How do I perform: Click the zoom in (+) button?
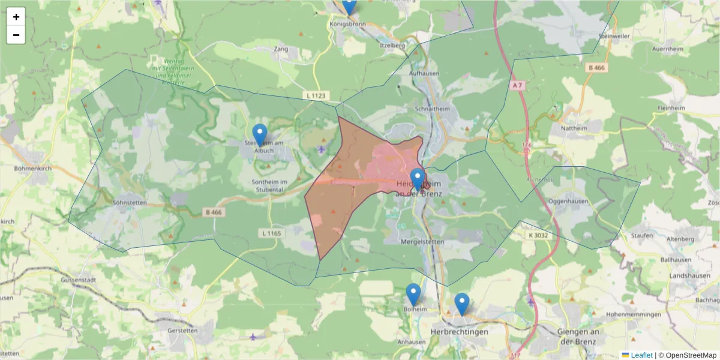[16, 17]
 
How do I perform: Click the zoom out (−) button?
[16, 35]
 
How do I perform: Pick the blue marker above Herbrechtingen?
[461, 304]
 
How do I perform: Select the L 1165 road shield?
[272, 233]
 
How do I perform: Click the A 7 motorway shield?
[517, 86]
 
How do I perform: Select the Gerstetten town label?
[184, 331]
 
